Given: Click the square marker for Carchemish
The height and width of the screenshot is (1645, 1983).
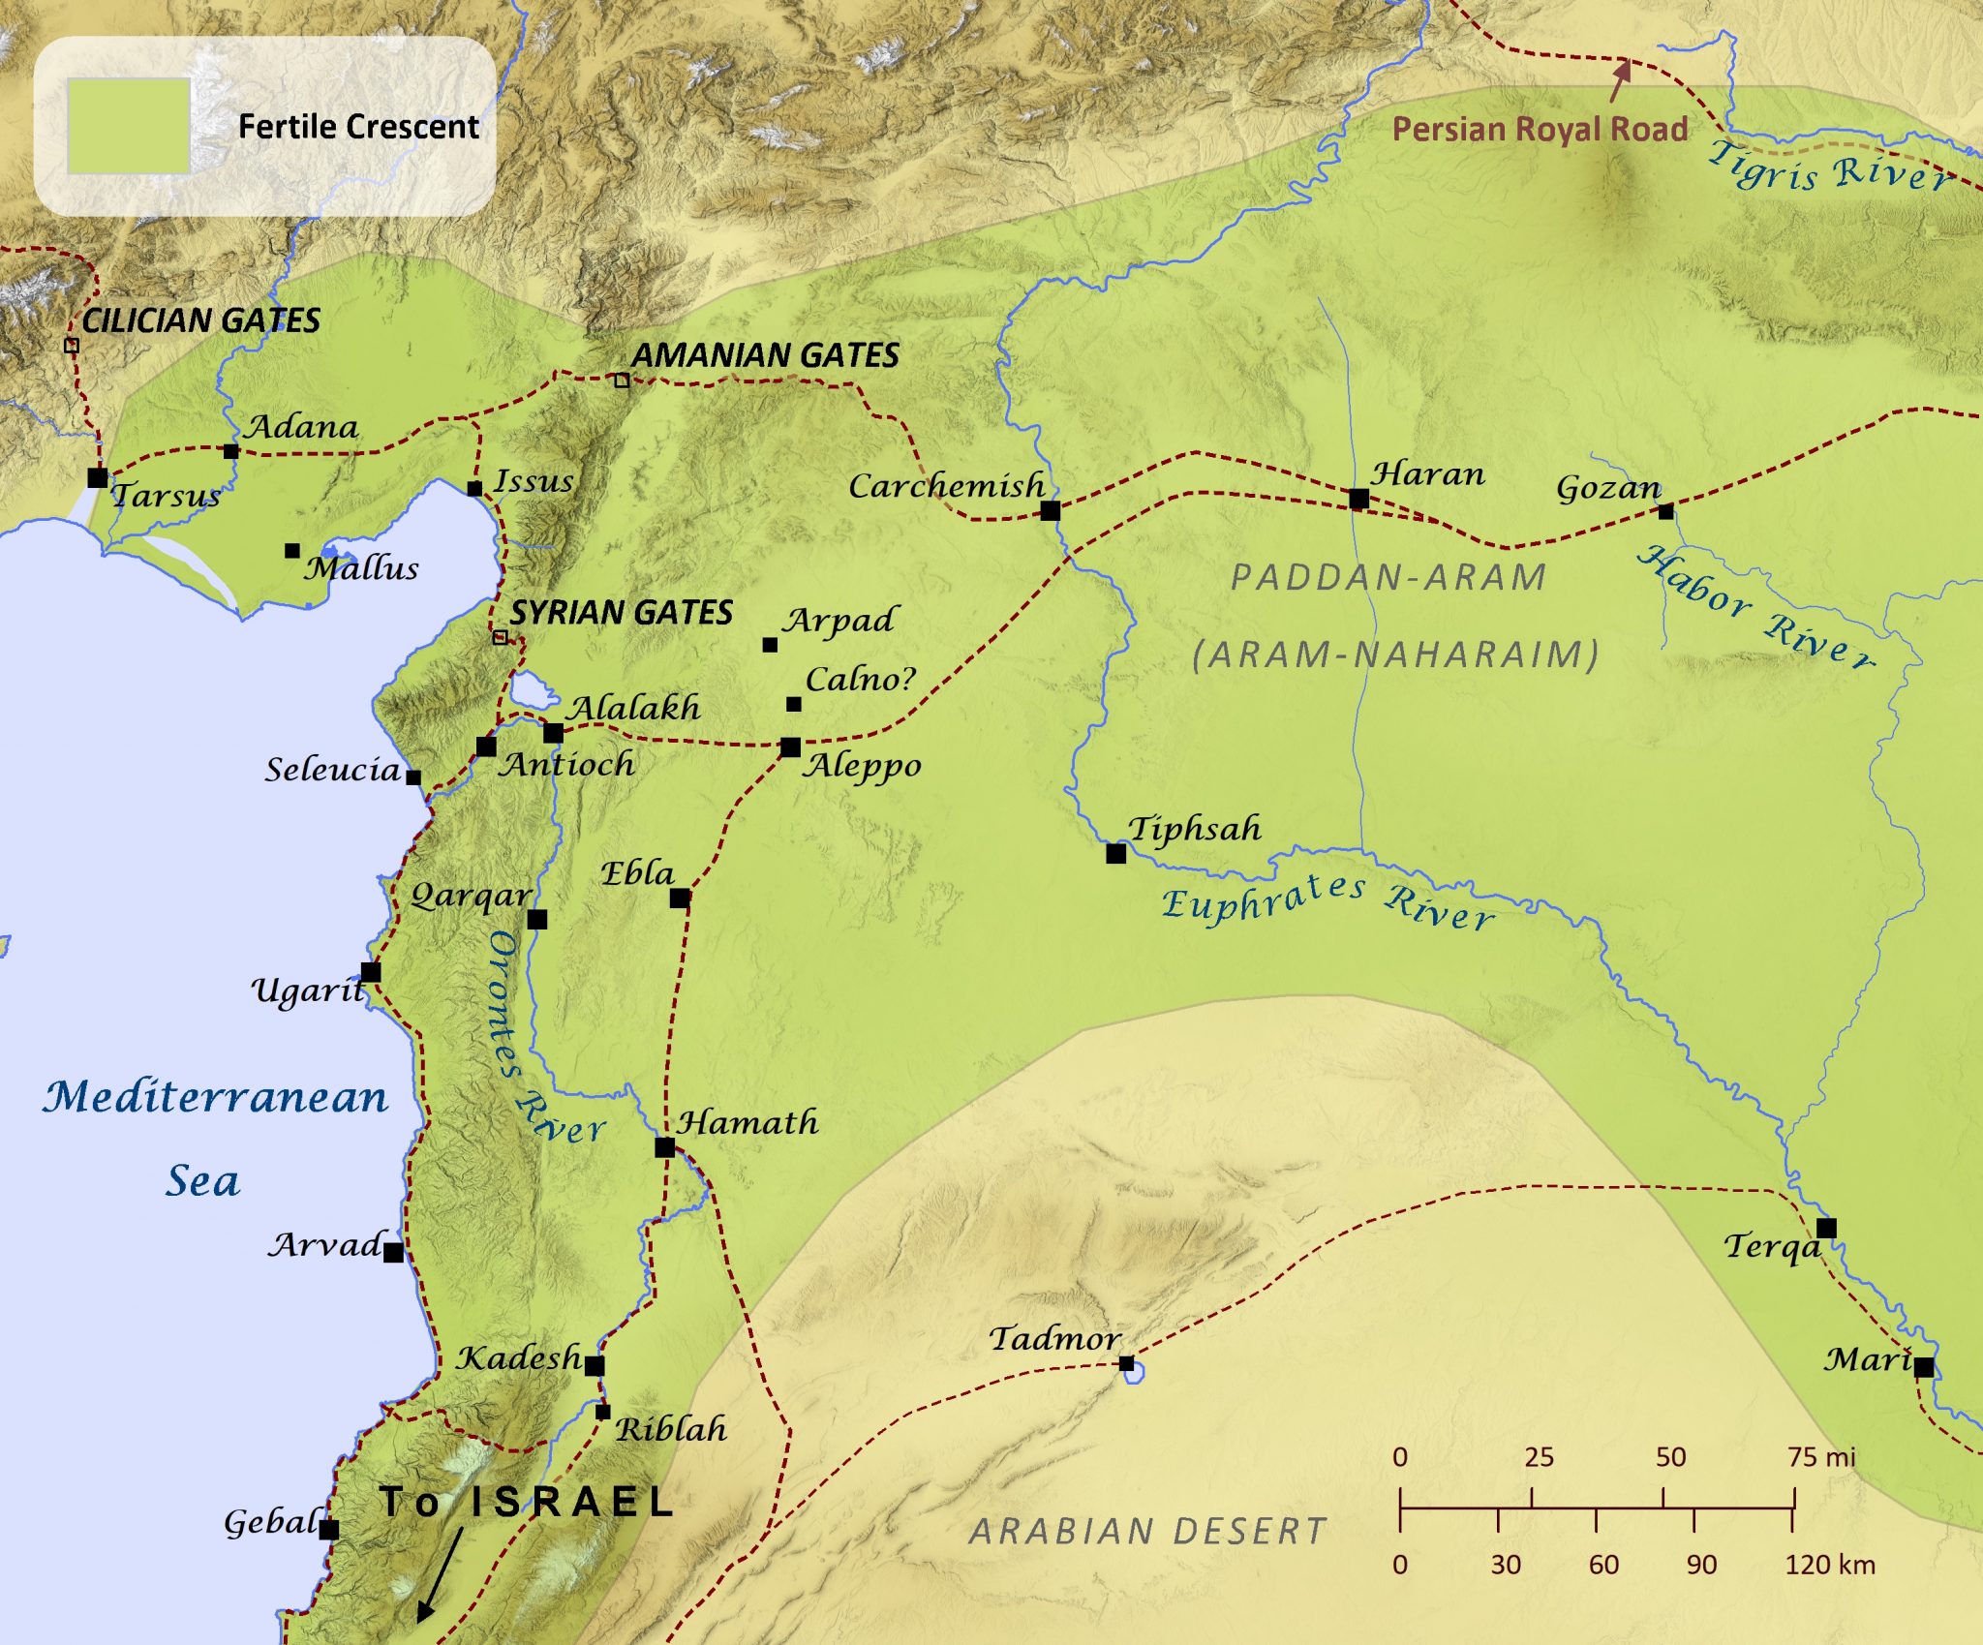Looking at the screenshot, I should click(x=1050, y=510).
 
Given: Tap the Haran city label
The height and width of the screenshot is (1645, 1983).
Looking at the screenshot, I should click(x=1427, y=473).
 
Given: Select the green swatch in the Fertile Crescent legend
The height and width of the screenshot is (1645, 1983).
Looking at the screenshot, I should click(x=128, y=126).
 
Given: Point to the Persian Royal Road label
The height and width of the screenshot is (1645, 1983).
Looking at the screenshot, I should click(x=1540, y=129).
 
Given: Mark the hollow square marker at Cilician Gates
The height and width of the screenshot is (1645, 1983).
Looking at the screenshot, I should click(x=71, y=346).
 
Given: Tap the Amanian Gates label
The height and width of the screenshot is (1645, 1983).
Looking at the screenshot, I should click(x=765, y=355).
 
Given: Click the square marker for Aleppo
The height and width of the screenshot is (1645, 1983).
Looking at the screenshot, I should click(x=790, y=747).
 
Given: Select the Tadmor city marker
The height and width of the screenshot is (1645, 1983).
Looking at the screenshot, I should click(x=1126, y=1363).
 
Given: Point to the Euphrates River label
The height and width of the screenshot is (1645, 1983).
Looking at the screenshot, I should click(x=1327, y=902).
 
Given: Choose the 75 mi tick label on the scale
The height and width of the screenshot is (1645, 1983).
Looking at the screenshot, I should click(x=1820, y=1457).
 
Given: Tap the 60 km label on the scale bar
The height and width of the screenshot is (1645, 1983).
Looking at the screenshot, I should click(x=1603, y=1565).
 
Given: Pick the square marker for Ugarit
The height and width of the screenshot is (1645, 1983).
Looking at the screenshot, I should click(x=370, y=972).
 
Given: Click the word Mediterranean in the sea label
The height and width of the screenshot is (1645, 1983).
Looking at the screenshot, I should click(x=215, y=1097).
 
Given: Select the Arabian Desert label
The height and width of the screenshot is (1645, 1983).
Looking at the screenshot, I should click(x=1147, y=1531).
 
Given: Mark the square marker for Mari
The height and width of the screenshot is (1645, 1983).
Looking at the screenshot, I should click(x=1923, y=1367).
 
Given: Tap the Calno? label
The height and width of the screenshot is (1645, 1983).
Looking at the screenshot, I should click(x=860, y=679).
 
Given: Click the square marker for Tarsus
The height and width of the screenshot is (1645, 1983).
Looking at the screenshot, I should click(x=97, y=477).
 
